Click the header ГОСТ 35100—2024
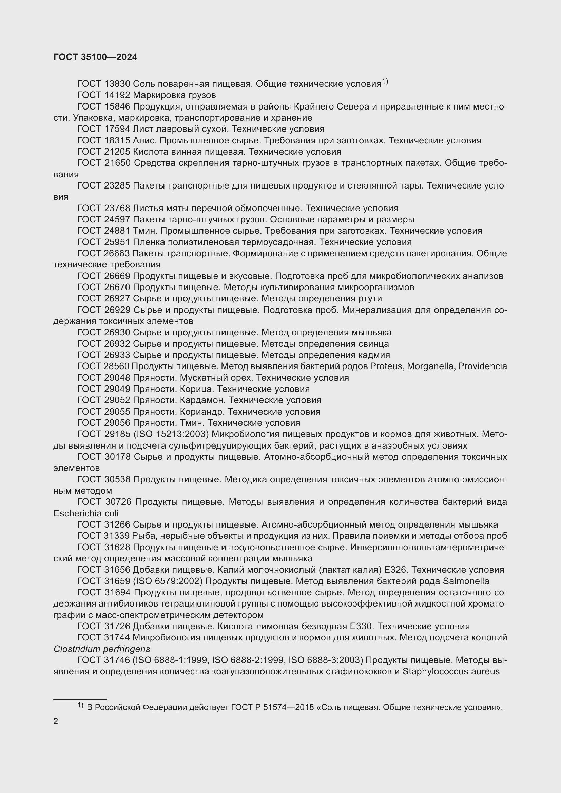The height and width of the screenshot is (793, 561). (95, 57)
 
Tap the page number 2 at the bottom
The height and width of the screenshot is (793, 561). (56, 721)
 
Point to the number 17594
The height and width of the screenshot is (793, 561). (117, 129)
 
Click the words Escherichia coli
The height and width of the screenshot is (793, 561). (86, 514)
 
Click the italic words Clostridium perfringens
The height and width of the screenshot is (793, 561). (101, 649)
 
